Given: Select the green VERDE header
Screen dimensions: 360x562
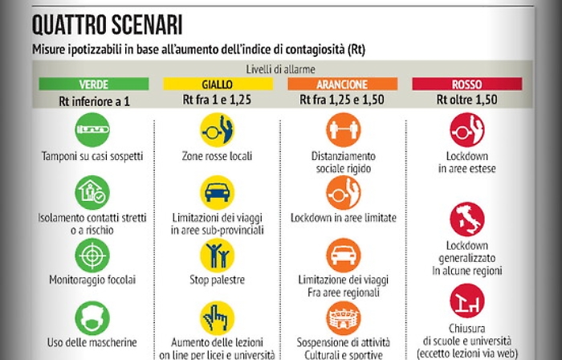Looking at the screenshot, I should [94, 84].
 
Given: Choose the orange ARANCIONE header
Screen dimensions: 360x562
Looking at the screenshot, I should [343, 84].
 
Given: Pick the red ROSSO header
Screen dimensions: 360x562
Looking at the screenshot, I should [467, 84].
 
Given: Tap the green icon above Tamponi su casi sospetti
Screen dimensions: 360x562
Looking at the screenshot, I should [93, 130].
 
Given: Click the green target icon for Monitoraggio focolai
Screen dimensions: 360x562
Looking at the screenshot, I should [93, 256].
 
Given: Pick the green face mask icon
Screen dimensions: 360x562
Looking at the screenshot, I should [93, 317].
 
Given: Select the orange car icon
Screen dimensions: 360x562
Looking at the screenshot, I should [343, 256].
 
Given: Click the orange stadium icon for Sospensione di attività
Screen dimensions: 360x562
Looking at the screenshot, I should [343, 317].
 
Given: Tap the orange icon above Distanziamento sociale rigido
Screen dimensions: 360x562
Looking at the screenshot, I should [343, 130].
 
